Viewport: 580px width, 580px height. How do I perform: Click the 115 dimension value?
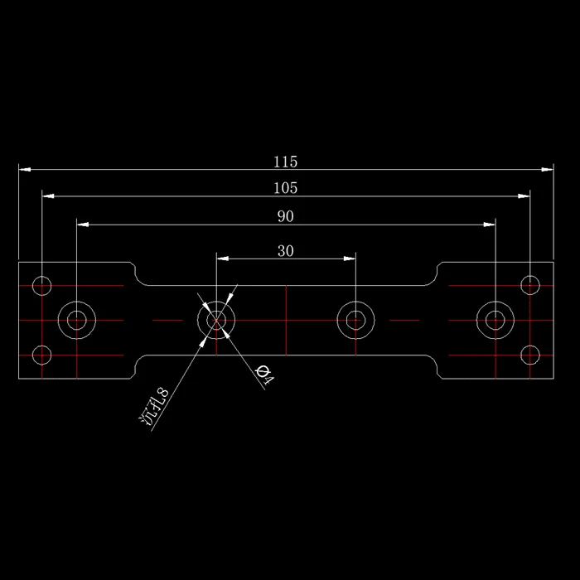[x=285, y=162]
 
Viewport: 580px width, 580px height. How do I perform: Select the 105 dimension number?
[x=285, y=188]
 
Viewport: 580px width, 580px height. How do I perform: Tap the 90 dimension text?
[x=286, y=216]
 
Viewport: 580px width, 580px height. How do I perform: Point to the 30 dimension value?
[x=286, y=251]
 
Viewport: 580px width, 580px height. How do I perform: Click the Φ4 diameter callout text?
[x=265, y=375]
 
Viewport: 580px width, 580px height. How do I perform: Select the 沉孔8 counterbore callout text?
[x=154, y=407]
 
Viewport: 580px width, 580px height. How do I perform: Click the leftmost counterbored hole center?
[x=77, y=320]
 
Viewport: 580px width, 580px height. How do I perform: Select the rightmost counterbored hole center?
[x=495, y=320]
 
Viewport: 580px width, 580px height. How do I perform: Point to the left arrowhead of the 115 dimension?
[x=24, y=169]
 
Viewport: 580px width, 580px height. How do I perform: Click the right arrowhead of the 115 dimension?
[x=548, y=169]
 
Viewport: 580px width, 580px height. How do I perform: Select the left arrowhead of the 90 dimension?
[x=83, y=225]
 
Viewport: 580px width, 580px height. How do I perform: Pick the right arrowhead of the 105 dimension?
[x=524, y=196]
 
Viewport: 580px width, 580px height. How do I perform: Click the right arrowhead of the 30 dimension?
[x=350, y=259]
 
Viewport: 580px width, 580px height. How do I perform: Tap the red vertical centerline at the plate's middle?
[x=286, y=321]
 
